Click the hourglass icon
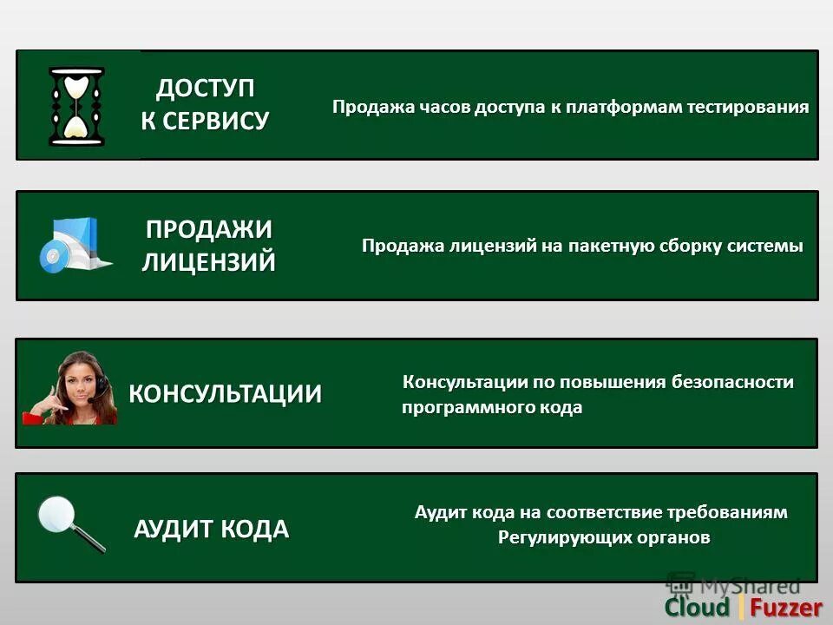[76, 106]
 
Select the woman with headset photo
[72, 388]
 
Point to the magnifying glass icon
[70, 523]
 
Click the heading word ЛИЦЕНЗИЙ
[208, 260]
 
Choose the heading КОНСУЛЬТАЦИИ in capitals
[225, 393]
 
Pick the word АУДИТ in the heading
[172, 529]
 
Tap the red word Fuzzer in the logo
[786, 608]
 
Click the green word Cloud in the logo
[697, 608]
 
